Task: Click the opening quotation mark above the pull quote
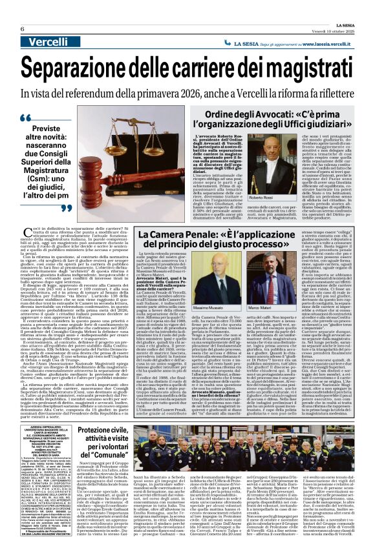[44, 119]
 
